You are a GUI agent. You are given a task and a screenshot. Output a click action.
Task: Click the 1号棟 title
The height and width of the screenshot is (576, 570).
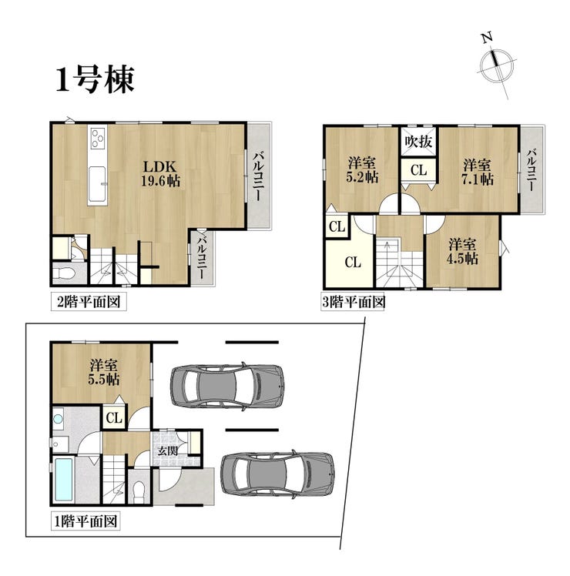click(95, 79)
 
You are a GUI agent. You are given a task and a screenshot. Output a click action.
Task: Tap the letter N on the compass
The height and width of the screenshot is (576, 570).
click(488, 38)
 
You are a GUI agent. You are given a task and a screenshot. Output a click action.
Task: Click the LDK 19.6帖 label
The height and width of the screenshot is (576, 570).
click(160, 173)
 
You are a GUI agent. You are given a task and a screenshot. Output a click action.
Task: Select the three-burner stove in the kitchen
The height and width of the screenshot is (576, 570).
click(97, 138)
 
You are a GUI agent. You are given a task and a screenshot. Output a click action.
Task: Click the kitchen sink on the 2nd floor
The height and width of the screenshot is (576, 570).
click(97, 184)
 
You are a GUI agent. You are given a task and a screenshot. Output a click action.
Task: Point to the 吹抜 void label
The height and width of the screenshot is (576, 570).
click(418, 142)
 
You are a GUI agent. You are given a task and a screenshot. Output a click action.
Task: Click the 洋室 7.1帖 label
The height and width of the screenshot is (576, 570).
click(477, 172)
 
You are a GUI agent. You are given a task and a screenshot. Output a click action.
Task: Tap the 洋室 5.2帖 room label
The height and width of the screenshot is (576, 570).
click(362, 170)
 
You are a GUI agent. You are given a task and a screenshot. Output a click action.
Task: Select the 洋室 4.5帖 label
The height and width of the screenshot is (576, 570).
click(462, 252)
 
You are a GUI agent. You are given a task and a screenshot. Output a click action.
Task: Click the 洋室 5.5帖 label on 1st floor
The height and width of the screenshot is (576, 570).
click(104, 373)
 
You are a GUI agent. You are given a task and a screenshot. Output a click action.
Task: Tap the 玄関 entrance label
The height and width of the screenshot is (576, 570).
click(168, 450)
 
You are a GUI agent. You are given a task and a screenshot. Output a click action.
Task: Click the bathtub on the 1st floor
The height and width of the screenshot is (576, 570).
click(64, 480)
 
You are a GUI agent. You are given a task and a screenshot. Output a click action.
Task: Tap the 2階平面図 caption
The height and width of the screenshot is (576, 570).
click(89, 302)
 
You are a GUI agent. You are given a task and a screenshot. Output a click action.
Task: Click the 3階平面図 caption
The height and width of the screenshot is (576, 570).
click(354, 303)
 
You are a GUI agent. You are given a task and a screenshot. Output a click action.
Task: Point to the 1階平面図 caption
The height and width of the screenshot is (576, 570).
click(85, 521)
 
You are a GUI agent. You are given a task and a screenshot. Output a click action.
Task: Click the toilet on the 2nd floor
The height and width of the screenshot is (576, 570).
click(64, 273)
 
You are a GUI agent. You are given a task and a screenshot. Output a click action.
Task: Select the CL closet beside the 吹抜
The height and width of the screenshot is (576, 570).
click(418, 170)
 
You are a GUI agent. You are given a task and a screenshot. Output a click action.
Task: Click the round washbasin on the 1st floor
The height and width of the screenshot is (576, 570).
click(58, 419)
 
